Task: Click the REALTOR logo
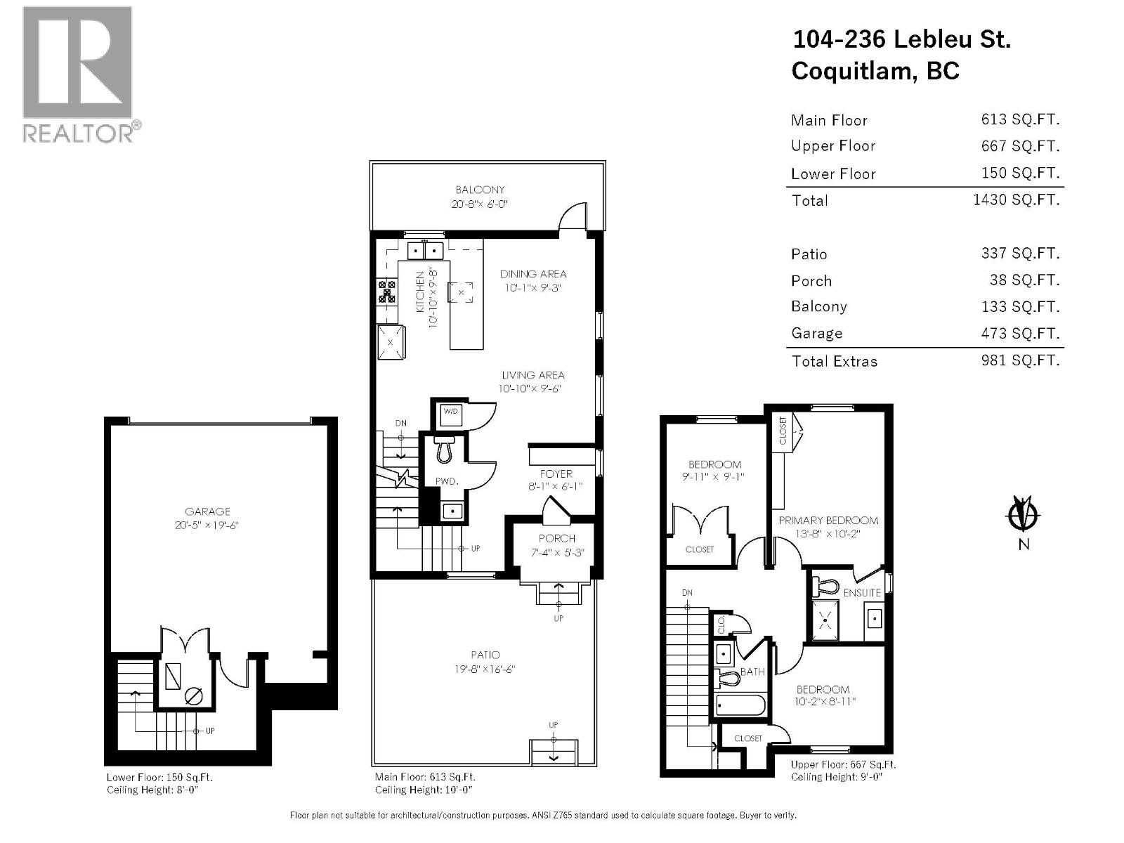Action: tap(77, 74)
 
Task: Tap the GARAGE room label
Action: tap(208, 511)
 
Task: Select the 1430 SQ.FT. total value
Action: tap(1016, 200)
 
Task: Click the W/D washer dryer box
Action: tap(450, 412)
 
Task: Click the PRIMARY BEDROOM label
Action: tap(828, 521)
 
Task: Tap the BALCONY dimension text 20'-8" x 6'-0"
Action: tap(480, 204)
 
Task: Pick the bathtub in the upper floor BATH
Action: tap(740, 704)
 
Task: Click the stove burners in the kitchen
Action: tap(387, 291)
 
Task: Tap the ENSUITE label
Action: tap(862, 592)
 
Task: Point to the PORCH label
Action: tap(557, 538)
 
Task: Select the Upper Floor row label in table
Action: tap(833, 146)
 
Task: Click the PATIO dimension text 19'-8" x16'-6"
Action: tap(485, 669)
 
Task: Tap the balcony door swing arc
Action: tap(573, 214)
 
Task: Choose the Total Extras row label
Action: tap(835, 361)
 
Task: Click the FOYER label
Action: tap(556, 473)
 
